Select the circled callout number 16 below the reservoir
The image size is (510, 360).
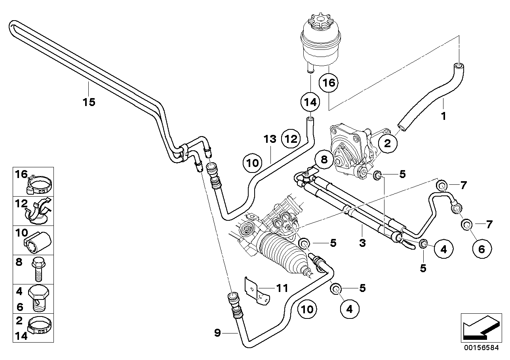pyautogui.click(x=329, y=83)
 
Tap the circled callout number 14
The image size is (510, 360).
pyautogui.click(x=310, y=102)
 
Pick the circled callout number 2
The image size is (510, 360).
pyautogui.click(x=388, y=143)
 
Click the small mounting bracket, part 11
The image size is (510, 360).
pyautogui.click(x=255, y=291)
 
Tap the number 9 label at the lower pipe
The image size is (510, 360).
pyautogui.click(x=217, y=333)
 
